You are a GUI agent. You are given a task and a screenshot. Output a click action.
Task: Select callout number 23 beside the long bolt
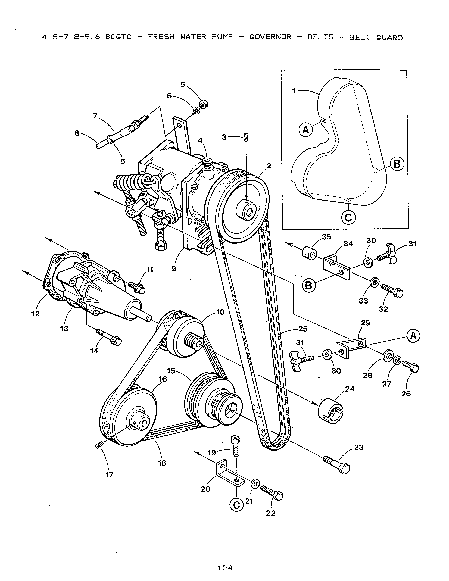(358, 447)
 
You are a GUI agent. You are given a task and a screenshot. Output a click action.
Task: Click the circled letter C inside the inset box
(348, 218)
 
